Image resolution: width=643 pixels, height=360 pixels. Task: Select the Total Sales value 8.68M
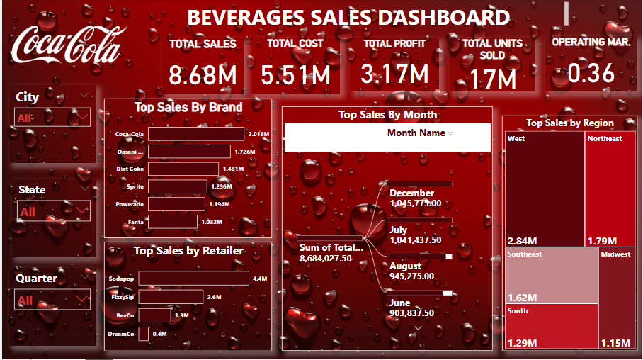tap(203, 74)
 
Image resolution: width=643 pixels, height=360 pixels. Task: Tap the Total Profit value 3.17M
tap(394, 74)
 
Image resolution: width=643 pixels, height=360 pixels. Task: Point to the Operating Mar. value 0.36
tap(591, 73)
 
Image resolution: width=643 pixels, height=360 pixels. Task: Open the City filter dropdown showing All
tap(52, 118)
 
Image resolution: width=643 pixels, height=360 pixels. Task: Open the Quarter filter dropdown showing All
tap(52, 300)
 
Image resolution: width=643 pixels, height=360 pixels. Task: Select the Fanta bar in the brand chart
tap(173, 222)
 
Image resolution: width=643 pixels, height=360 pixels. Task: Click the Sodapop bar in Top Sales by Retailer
tap(193, 279)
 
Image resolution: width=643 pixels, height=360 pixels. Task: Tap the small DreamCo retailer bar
tap(143, 334)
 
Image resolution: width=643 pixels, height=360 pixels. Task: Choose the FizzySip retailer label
tap(122, 297)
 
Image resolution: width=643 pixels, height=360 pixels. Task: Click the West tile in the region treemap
tap(545, 188)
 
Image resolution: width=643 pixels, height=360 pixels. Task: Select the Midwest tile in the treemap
tap(617, 298)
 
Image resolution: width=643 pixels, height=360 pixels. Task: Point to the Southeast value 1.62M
tap(523, 298)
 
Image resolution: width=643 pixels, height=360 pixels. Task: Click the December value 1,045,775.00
tap(415, 203)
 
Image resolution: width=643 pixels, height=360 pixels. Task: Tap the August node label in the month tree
tap(405, 266)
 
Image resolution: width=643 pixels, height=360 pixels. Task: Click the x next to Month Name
tap(450, 133)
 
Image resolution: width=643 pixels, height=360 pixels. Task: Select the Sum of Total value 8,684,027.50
tap(326, 259)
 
